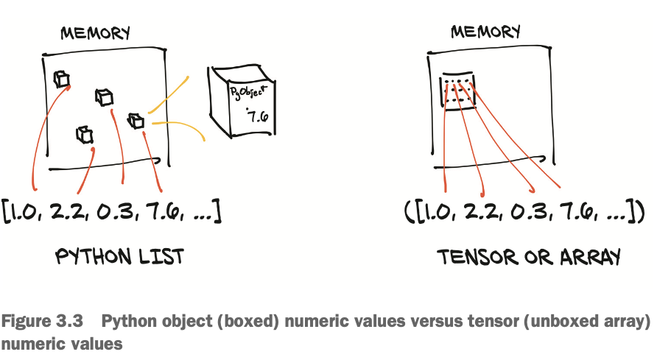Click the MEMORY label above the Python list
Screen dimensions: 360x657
[x=96, y=33]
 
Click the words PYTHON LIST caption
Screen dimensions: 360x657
[x=120, y=257]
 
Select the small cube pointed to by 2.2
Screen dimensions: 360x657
[x=85, y=135]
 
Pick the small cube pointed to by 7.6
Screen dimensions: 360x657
[x=137, y=121]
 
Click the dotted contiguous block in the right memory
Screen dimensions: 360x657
[x=457, y=92]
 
